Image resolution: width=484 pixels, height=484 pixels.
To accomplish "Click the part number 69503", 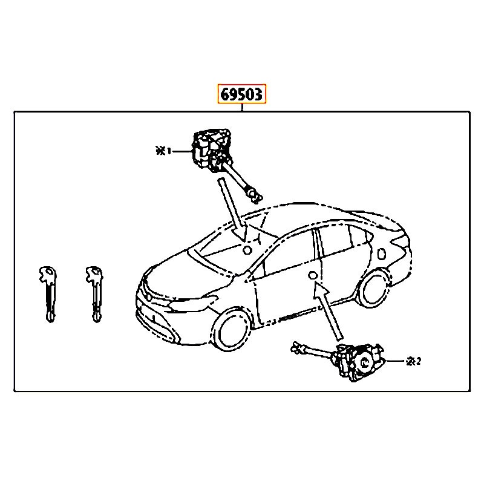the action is tap(241, 94).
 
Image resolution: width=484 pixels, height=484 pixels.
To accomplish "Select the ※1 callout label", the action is tap(163, 151).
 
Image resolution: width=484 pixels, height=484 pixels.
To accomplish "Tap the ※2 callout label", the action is tap(414, 361).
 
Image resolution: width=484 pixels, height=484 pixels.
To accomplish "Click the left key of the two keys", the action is tap(48, 294).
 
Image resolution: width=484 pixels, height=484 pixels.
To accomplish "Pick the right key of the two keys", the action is tap(94, 294).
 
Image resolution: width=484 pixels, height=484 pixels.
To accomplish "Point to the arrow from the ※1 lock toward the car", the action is tap(232, 209).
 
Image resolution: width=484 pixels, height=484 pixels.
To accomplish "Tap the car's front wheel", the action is tap(232, 329).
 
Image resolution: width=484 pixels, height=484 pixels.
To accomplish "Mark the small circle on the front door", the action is tap(313, 275).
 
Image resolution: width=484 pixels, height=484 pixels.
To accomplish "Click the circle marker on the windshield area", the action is tap(247, 250).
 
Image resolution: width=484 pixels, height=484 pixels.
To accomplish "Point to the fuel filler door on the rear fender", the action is tap(382, 253).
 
